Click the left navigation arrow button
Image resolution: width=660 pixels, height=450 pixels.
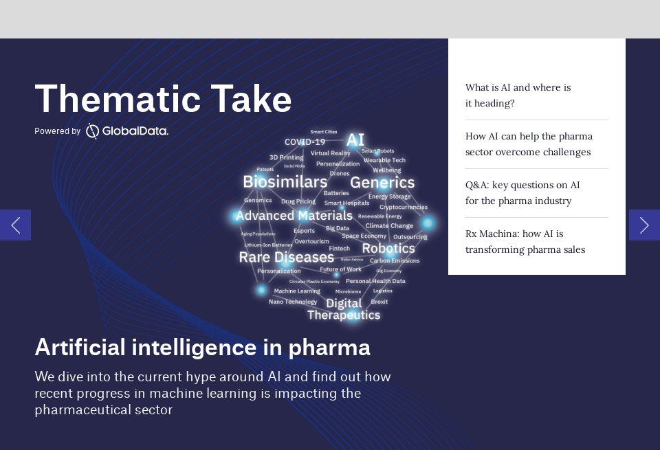point(15,225)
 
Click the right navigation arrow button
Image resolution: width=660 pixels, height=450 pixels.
point(644,225)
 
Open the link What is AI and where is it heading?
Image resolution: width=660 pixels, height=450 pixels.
point(518,95)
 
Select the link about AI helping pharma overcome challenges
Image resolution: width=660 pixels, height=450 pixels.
point(528,144)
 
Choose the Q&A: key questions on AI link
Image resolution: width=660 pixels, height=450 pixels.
point(522,193)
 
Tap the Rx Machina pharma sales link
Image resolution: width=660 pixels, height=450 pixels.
point(525,242)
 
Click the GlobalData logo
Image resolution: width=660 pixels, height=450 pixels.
point(127,131)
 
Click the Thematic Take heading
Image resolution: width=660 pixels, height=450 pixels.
point(163,99)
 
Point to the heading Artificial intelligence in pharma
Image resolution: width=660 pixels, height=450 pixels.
point(202,348)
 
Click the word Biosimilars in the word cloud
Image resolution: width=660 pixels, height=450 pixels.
point(285,182)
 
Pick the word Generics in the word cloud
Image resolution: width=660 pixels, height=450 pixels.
point(382,183)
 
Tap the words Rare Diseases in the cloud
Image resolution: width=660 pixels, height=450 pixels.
point(286,258)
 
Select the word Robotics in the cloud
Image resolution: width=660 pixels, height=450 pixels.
point(388,249)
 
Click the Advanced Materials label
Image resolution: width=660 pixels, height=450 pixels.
point(294,216)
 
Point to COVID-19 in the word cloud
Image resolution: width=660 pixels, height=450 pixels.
point(305,142)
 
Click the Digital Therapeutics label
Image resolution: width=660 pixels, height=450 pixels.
point(343,309)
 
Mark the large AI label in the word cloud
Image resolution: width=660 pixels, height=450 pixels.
point(355,140)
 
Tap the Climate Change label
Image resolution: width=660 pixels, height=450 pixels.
point(389,226)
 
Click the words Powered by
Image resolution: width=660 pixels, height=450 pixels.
point(57,131)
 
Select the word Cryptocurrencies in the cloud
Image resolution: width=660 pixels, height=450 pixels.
point(403,207)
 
